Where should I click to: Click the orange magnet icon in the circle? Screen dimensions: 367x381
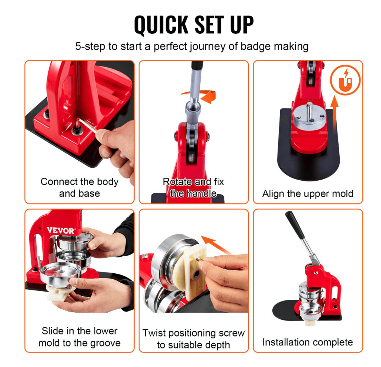point(346,81)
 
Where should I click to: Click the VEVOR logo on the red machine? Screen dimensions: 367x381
point(60,231)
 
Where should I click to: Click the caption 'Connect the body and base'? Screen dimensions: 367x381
point(79,187)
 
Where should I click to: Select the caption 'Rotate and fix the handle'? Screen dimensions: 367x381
point(193,187)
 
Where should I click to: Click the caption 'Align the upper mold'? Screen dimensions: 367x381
point(307,193)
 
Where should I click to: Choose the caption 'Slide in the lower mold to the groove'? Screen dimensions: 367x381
point(79,337)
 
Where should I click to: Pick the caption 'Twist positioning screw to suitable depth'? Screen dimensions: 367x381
point(193,339)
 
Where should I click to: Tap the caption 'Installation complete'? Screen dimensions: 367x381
point(307,342)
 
